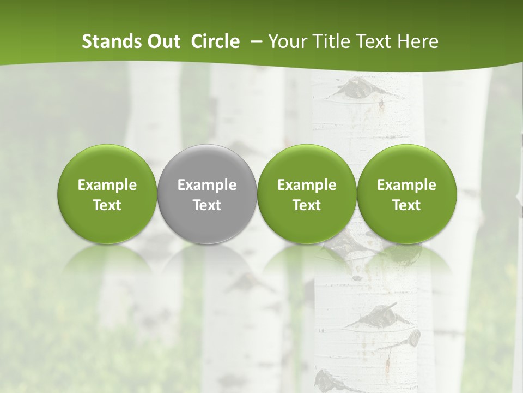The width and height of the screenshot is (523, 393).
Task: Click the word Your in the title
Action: pos(287,41)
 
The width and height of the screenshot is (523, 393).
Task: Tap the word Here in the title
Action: pos(418,41)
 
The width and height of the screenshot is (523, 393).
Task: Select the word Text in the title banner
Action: pos(374,41)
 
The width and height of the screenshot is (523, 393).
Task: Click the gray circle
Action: pos(207,194)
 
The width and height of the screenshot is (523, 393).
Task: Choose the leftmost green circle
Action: pos(107,194)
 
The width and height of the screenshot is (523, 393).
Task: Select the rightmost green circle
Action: pos(406,194)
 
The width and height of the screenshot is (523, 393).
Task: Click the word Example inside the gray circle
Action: pos(207,185)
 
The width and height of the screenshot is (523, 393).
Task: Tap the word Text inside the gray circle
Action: pos(207,205)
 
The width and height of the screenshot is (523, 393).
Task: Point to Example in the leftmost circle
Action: pos(107,185)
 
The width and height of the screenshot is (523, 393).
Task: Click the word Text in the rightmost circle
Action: pos(406,205)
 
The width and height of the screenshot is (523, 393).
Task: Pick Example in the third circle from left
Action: pos(307,185)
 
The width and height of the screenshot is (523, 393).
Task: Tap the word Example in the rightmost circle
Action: pos(406,185)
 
